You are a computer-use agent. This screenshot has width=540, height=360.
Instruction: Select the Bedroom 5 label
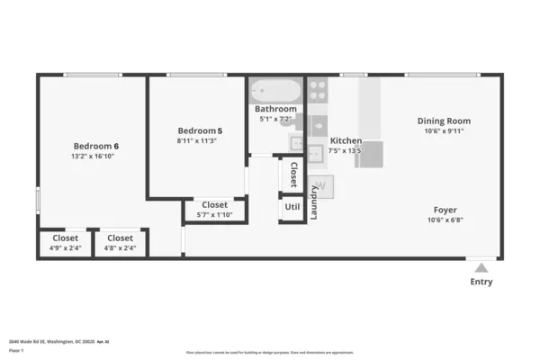click(x=199, y=130)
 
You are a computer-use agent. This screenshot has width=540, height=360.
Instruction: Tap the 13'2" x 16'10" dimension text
click(x=94, y=157)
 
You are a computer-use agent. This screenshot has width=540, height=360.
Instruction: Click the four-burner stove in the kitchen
click(x=318, y=89)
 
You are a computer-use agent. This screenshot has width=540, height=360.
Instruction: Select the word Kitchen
click(x=346, y=141)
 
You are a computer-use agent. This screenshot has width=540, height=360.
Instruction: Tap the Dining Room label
click(x=444, y=121)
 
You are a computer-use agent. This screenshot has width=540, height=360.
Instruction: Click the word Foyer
click(x=445, y=209)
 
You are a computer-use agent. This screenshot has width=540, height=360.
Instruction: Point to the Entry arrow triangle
click(x=481, y=267)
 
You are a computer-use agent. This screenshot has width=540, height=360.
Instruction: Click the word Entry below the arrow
click(x=481, y=282)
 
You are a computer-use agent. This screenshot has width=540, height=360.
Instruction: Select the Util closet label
click(x=292, y=206)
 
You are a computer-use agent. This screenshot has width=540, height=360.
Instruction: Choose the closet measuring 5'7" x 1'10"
click(x=214, y=210)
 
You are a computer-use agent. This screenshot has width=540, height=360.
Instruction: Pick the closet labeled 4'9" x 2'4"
click(x=65, y=243)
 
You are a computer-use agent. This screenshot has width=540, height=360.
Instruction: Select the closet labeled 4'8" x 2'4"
click(x=120, y=243)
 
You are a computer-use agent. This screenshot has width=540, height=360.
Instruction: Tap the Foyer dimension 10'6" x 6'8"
click(x=445, y=220)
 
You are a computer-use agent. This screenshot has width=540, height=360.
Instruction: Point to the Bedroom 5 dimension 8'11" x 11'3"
click(x=199, y=140)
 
